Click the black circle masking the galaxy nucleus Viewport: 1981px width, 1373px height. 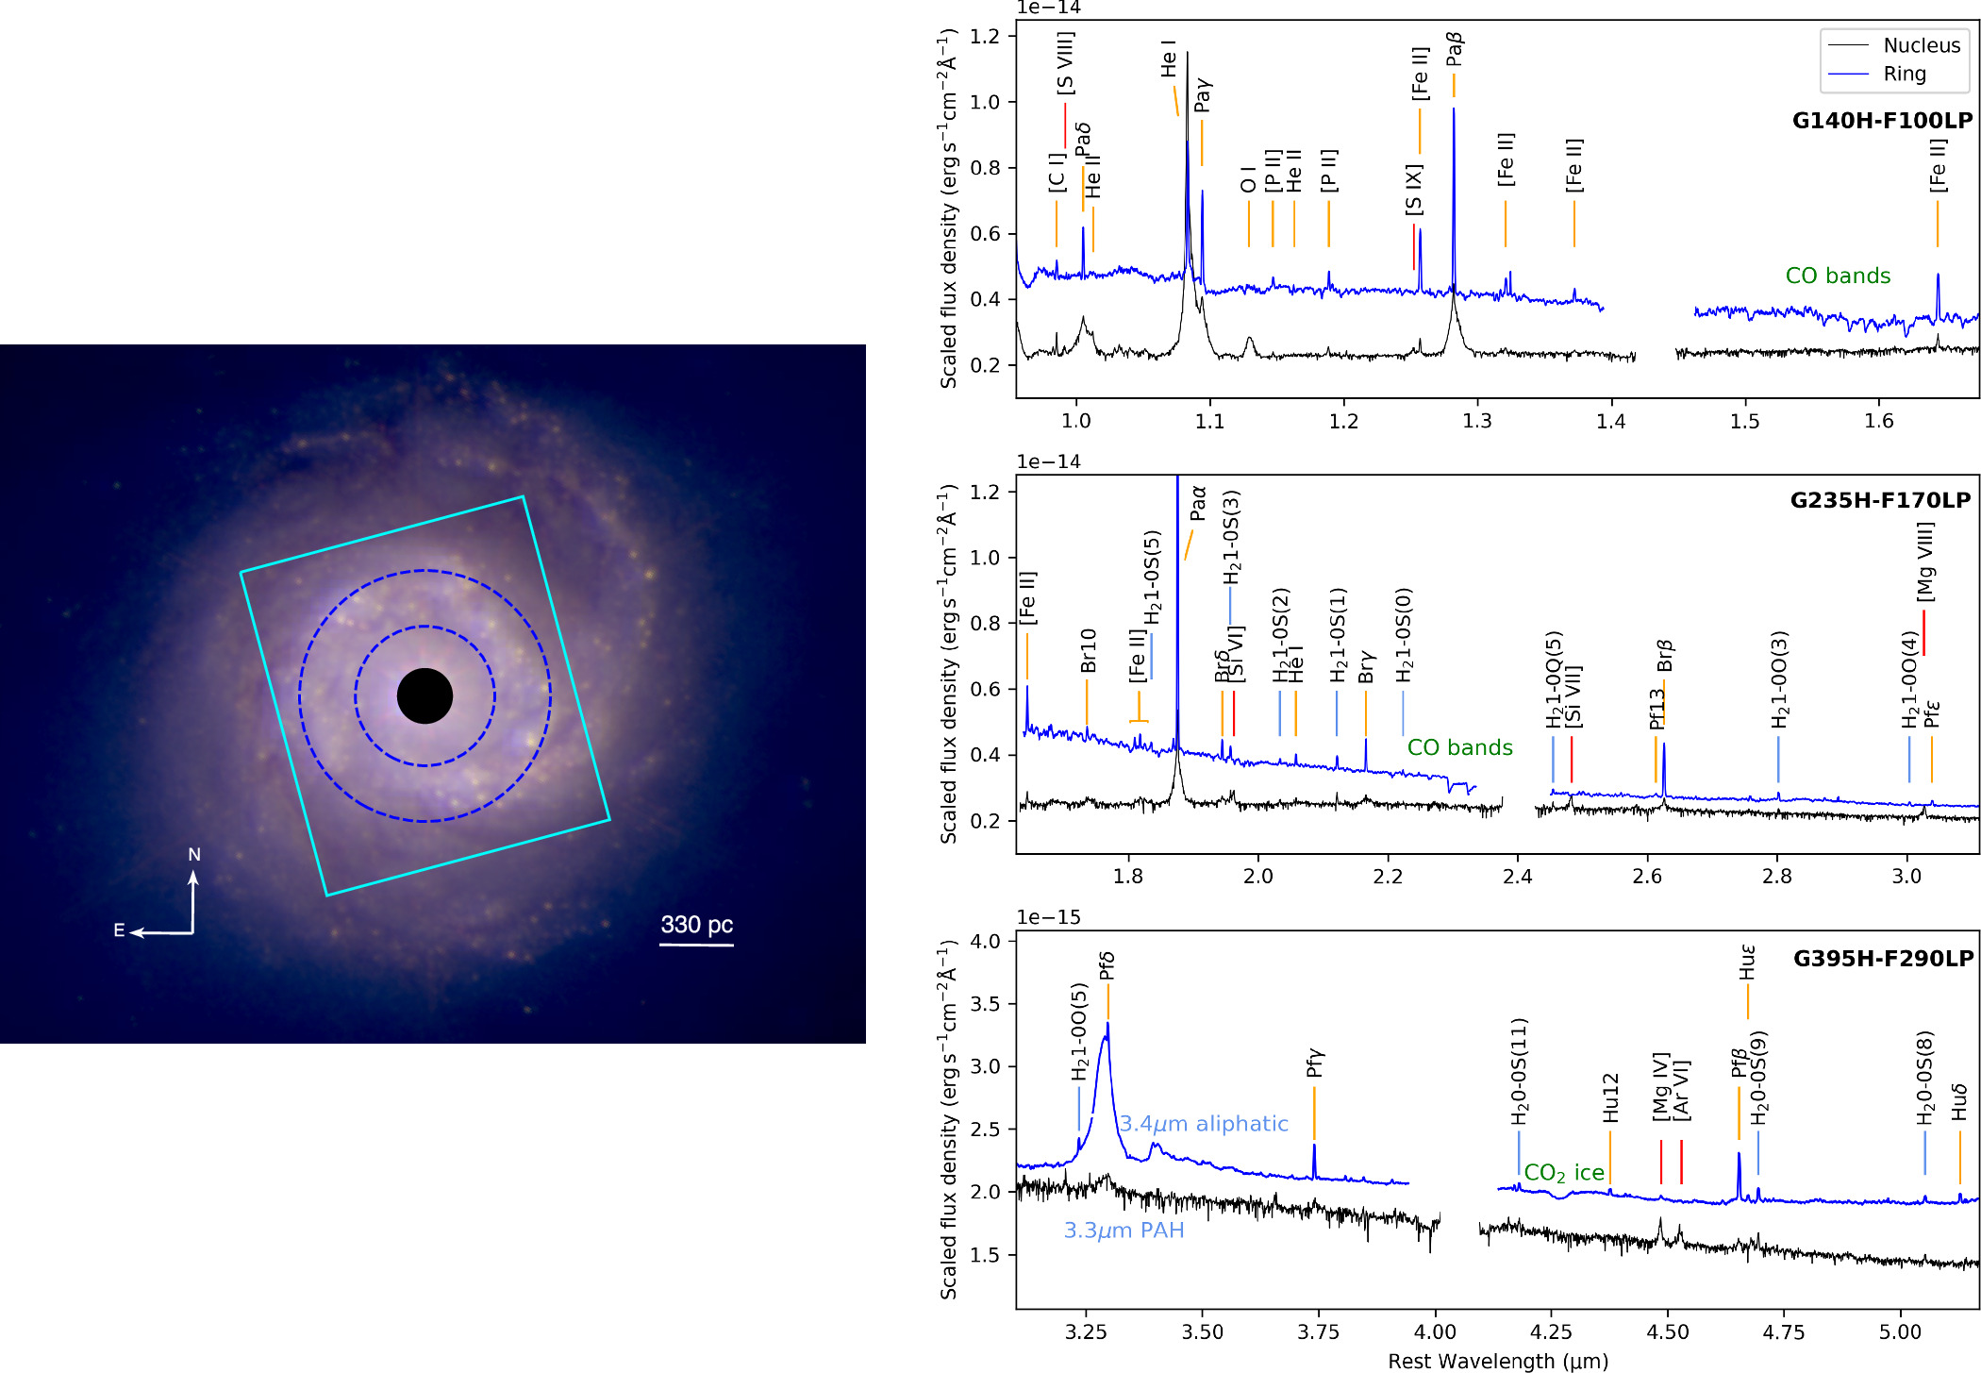point(424,696)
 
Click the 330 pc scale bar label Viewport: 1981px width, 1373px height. point(696,925)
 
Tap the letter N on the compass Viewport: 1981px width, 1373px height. point(194,855)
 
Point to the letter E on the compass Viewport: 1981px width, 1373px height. point(119,930)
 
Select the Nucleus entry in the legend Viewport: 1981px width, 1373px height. point(1921,45)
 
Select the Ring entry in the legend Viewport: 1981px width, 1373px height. point(1904,74)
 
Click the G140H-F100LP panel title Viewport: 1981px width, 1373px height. point(1881,121)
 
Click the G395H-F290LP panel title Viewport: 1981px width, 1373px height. point(1882,959)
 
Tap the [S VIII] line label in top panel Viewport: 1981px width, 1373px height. point(1065,63)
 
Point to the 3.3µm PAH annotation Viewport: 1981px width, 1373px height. point(1123,1231)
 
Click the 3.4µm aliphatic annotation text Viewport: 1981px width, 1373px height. point(1203,1124)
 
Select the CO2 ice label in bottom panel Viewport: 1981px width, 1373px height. point(1563,1173)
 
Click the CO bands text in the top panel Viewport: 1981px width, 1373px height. point(1838,276)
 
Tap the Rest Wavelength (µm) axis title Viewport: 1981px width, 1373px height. point(1497,1361)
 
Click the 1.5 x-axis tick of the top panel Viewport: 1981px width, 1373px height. point(1744,422)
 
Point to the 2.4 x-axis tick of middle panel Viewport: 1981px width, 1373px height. point(1517,877)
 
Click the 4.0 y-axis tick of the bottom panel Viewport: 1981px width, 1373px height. point(985,942)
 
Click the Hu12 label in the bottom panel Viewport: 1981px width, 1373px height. point(1610,1097)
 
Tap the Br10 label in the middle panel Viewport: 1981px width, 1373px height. point(1088,650)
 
